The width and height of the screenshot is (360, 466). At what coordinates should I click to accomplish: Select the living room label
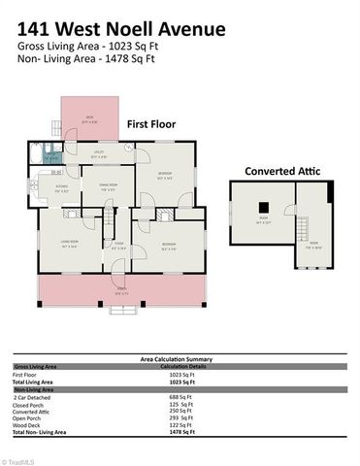click(69, 243)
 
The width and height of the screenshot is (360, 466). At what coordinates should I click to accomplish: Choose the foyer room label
click(119, 246)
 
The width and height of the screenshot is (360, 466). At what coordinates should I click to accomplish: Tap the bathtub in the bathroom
click(36, 155)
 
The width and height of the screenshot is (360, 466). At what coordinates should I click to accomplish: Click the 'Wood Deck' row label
click(29, 425)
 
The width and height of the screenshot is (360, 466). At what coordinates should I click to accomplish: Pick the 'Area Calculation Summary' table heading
click(180, 358)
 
